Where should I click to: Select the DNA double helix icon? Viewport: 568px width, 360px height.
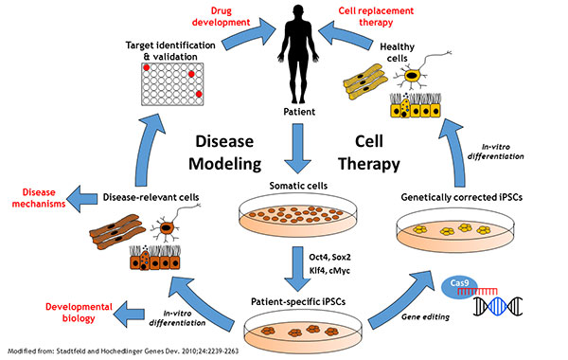pyautogui.click(x=498, y=306)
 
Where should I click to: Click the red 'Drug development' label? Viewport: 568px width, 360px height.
pyautogui.click(x=221, y=17)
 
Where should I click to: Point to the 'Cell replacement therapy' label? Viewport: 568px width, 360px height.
pyautogui.click(x=376, y=17)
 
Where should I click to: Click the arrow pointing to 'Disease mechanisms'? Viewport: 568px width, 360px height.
pyautogui.click(x=82, y=199)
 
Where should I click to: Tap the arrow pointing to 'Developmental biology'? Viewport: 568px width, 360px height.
pyautogui.click(x=130, y=314)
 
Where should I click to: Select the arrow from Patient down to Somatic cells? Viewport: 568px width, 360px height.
pyautogui.click(x=298, y=149)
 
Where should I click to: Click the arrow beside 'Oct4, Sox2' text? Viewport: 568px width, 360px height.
pyautogui.click(x=298, y=269)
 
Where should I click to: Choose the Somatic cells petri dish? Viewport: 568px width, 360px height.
pyautogui.click(x=298, y=215)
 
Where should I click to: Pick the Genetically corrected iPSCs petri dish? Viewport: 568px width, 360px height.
pyautogui.click(x=455, y=231)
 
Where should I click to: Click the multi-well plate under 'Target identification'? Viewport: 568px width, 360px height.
pyautogui.click(x=172, y=84)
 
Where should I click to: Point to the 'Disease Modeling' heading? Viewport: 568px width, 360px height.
pyautogui.click(x=224, y=153)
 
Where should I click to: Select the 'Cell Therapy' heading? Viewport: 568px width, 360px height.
pyautogui.click(x=369, y=153)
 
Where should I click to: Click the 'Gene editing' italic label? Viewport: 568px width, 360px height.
pyautogui.click(x=425, y=316)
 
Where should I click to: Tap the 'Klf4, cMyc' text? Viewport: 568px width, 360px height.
pyautogui.click(x=329, y=271)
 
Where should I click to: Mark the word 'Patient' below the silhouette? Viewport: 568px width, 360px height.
pyautogui.click(x=299, y=112)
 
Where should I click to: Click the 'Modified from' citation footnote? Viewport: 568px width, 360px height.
pyautogui.click(x=123, y=351)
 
